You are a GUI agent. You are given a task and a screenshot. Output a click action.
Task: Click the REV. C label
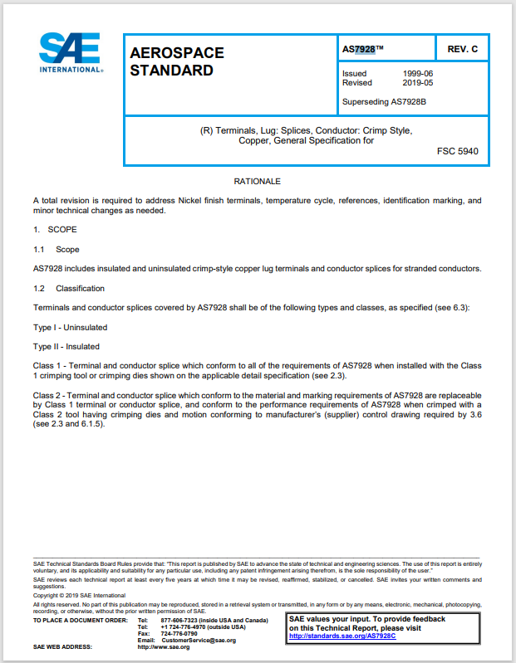point(463,50)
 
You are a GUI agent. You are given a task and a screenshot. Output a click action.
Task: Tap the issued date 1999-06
point(417,74)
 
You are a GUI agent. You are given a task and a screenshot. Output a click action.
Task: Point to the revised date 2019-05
point(417,83)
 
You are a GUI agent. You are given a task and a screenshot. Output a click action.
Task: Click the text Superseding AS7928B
point(385,102)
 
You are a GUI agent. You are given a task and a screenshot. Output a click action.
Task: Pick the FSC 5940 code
point(457,151)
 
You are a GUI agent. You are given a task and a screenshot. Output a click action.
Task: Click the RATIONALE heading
point(258,181)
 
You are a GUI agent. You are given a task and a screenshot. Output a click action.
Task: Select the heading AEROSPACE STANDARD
point(177,61)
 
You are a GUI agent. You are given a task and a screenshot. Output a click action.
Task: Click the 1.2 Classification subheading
point(69,288)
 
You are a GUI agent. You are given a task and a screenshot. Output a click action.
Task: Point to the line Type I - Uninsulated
point(70,327)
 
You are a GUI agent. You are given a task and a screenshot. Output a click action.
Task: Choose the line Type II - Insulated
point(66,347)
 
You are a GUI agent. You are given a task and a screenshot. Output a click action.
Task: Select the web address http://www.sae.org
point(164,646)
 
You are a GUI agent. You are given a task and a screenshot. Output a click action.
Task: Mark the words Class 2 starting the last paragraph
point(47,395)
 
